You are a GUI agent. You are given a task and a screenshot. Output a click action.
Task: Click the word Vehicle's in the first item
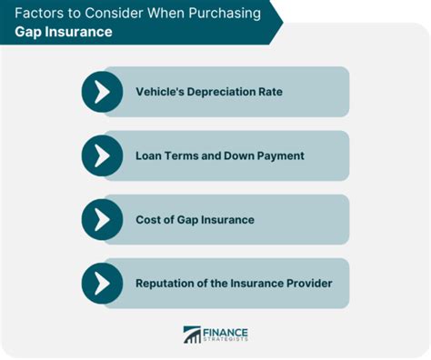click(x=163, y=92)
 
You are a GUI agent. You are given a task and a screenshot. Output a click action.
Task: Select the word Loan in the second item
click(x=150, y=155)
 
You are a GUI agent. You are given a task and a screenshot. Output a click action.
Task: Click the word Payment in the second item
click(x=278, y=155)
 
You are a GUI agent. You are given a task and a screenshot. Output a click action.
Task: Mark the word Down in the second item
click(x=238, y=155)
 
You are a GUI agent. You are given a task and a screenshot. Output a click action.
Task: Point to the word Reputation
click(x=169, y=283)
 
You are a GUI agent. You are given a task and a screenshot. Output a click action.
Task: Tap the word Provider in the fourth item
click(x=307, y=283)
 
